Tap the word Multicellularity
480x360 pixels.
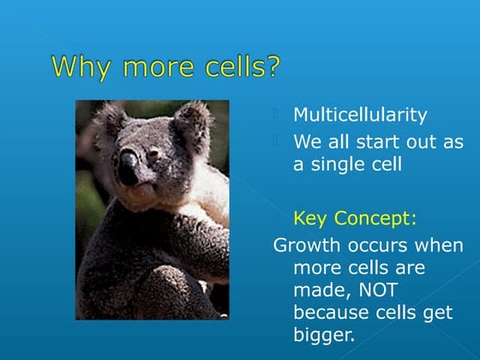[360, 114]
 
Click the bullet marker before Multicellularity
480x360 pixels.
[277, 113]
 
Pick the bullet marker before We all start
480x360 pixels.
[277, 140]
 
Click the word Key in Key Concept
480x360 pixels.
[311, 218]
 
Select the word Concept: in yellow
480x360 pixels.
[375, 218]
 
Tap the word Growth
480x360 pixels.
[305, 244]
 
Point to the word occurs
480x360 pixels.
[378, 244]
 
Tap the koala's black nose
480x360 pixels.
[128, 167]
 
